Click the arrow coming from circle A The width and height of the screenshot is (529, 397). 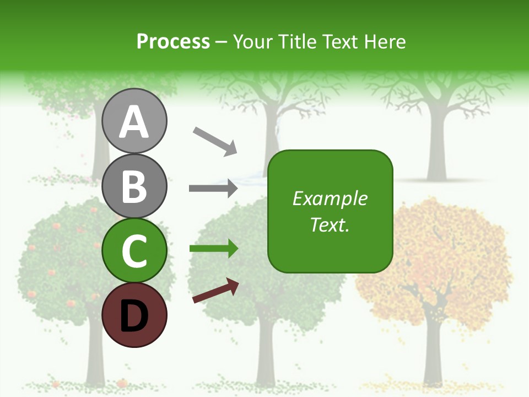(x=214, y=141)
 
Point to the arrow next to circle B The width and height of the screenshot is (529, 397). (x=213, y=189)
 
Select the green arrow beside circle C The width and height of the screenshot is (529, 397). (x=213, y=249)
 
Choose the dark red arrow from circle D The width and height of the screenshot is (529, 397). (x=215, y=291)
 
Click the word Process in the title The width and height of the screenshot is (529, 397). (x=173, y=41)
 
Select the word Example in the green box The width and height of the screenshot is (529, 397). (x=330, y=198)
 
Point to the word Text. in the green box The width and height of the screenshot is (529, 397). (x=330, y=224)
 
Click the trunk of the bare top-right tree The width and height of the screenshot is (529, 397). (x=437, y=149)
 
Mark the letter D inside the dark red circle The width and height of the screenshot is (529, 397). (x=134, y=315)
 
